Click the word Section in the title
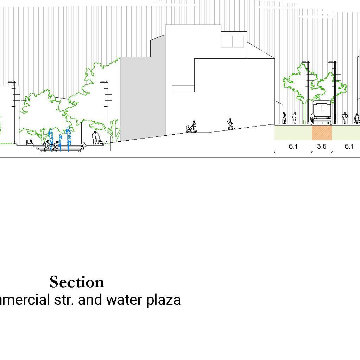coord(77,282)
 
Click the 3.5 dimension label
coord(322,147)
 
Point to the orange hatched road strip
coord(322,133)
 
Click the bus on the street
coord(322,112)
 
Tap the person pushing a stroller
coord(192,127)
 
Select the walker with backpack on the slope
coord(230,124)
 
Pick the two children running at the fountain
coord(51,145)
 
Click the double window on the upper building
coord(232,41)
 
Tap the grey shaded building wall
coord(143,98)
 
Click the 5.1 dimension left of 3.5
coord(293,147)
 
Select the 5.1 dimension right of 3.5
coord(349,147)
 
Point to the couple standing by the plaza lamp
coord(96,138)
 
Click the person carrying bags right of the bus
coord(345,118)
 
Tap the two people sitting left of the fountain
coord(29,142)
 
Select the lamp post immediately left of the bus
coord(308,93)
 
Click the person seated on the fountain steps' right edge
coord(84,144)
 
